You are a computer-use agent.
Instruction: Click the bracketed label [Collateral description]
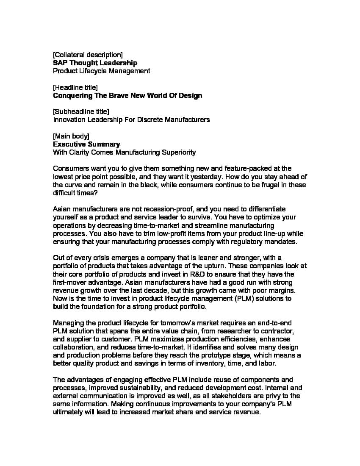click(88, 55)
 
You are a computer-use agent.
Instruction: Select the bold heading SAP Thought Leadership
click(95, 63)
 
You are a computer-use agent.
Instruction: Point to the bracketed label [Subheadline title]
click(81, 111)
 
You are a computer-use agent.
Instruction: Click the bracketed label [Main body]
click(71, 136)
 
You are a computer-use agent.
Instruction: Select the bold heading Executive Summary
click(86, 144)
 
